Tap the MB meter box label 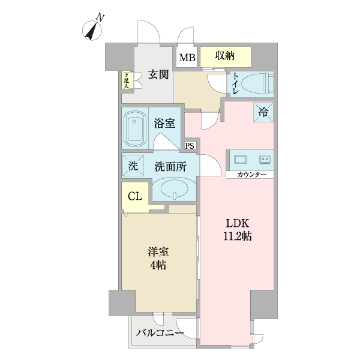187,58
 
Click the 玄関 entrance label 158,75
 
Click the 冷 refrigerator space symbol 264,112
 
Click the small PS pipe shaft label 190,146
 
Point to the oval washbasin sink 173,192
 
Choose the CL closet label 135,196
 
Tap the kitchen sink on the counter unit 240,159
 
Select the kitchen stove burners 264,159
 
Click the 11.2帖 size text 239,236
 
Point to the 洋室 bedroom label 158,253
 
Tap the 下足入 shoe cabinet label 126,80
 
